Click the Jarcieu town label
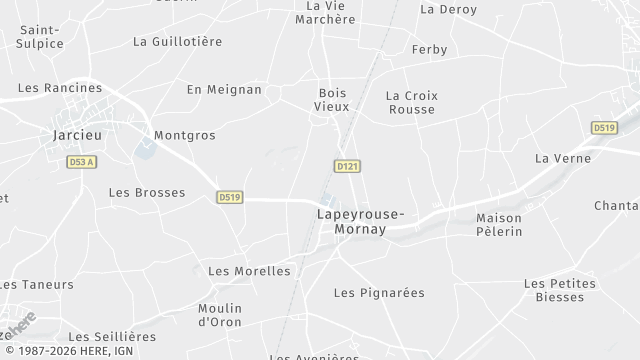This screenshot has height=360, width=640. point(74,134)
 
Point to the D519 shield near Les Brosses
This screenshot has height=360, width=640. point(229,198)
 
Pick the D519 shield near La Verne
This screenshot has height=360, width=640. point(604,128)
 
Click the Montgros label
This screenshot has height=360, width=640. point(184,135)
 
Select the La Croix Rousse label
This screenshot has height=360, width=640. point(411,102)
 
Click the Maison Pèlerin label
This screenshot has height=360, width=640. point(499,225)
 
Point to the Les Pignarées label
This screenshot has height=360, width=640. point(378,293)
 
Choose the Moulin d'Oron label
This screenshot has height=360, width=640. point(220,315)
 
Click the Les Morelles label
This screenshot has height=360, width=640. point(248,271)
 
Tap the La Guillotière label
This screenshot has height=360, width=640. point(177,42)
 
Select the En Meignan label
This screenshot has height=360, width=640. point(224,90)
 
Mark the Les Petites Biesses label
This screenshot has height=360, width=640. point(559,290)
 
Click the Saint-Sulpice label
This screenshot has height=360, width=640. point(40,36)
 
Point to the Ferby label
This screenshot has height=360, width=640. point(429,49)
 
